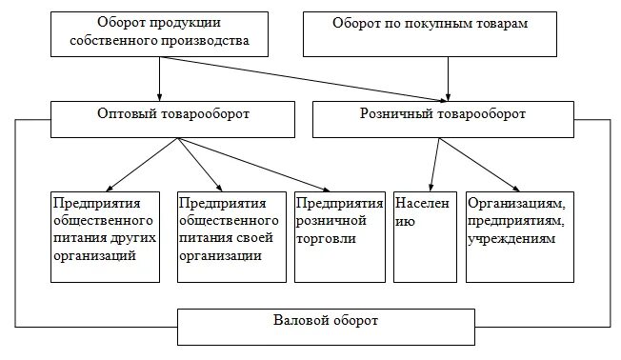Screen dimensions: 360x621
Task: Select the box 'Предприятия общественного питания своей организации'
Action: pos(230,235)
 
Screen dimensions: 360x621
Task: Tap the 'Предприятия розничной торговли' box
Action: pos(339,235)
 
